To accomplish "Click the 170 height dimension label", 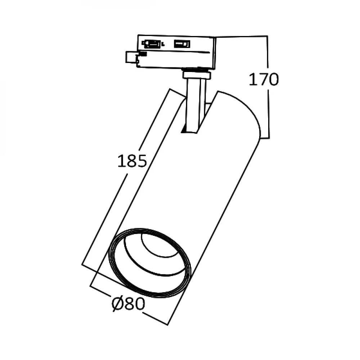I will [x=264, y=80].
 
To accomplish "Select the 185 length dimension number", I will [x=132, y=161].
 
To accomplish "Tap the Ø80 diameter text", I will [x=129, y=305].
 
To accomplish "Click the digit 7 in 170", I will [x=264, y=80].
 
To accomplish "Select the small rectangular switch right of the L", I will [x=182, y=44].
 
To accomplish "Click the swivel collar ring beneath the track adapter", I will [x=197, y=75].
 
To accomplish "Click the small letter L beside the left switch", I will [x=163, y=45].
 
